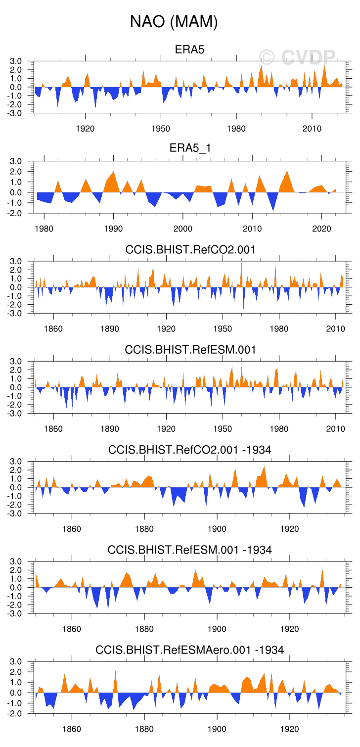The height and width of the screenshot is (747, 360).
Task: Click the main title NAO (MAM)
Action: click(174, 22)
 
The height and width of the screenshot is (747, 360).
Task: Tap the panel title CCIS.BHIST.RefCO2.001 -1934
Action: click(189, 450)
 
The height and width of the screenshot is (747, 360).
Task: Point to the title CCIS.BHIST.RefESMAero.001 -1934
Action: click(189, 650)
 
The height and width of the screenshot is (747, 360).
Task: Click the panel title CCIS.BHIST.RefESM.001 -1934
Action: click(189, 550)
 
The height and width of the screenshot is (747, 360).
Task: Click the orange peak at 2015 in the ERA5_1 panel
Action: click(287, 173)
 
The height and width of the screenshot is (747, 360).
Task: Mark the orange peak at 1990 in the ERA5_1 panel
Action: click(114, 174)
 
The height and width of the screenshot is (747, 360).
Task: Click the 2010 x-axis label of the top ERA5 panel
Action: click(312, 129)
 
